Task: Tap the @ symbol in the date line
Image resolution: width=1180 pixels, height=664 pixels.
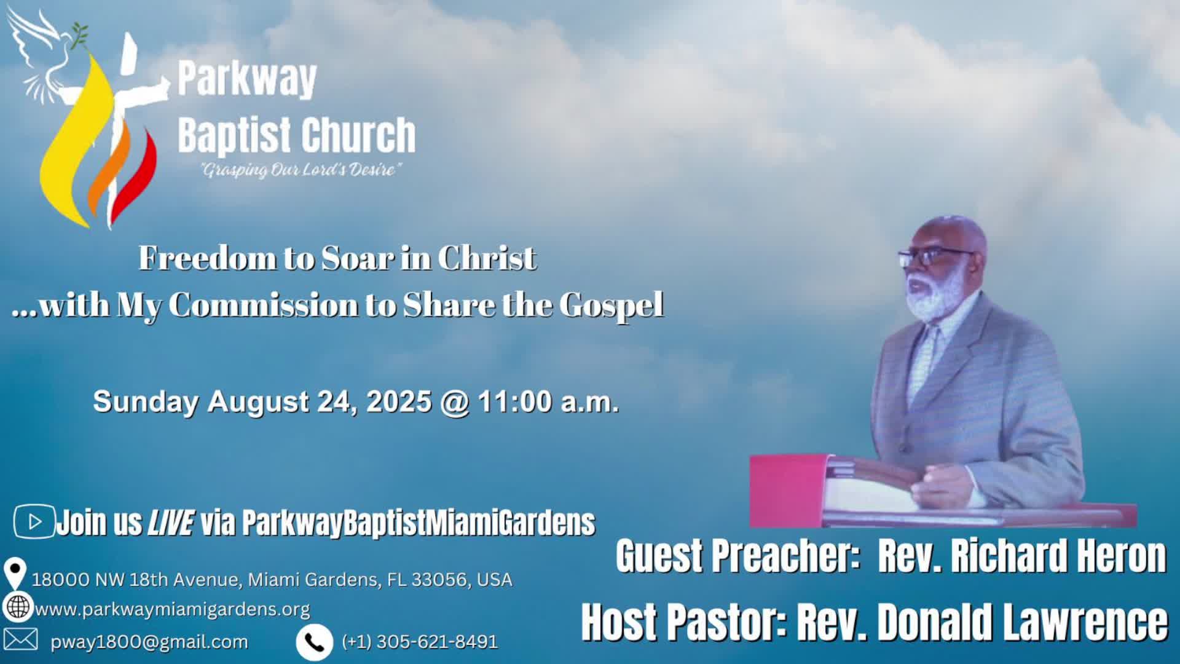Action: (454, 402)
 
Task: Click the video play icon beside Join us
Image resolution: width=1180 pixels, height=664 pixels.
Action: (34, 522)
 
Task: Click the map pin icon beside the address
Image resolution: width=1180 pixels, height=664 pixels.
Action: (14, 573)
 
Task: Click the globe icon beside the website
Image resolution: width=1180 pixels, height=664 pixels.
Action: (17, 607)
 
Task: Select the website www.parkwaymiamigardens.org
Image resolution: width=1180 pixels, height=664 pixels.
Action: (173, 609)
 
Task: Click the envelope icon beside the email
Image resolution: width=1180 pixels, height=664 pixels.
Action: (20, 639)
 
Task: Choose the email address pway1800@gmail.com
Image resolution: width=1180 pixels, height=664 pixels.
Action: (149, 642)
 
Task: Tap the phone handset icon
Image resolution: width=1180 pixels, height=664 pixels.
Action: (314, 642)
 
